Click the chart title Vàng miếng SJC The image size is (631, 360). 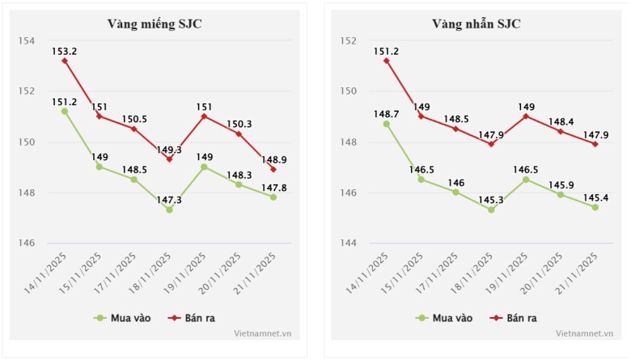[x=155, y=23]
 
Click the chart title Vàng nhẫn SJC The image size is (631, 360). [x=476, y=23]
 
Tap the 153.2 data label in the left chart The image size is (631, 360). [x=64, y=50]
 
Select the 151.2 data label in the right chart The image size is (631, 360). [x=386, y=51]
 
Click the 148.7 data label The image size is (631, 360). [x=386, y=114]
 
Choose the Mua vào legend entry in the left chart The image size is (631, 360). [x=121, y=318]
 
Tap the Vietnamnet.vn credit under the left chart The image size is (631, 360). [x=263, y=333]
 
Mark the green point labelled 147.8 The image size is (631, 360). [x=273, y=197]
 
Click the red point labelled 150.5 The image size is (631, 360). [x=134, y=129]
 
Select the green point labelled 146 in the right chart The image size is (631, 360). [x=456, y=192]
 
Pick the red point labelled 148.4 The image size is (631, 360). [x=561, y=131]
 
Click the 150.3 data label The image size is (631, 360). [x=239, y=124]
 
